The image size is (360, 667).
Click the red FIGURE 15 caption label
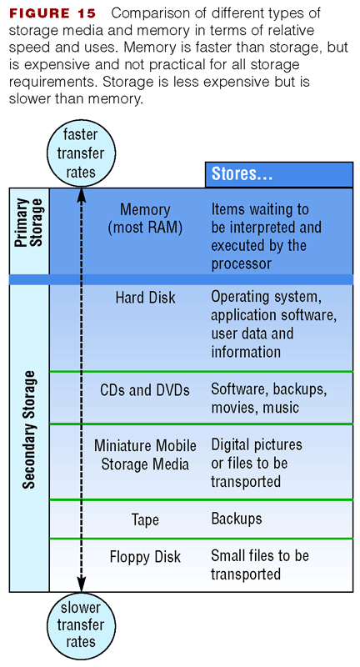pyautogui.click(x=52, y=13)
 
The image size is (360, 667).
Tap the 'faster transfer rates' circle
pyautogui.click(x=81, y=153)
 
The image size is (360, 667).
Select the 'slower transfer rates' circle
pyautogui.click(x=81, y=624)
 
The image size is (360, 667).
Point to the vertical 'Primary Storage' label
pyautogui.click(x=29, y=223)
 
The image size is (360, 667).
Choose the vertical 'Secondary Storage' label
pyautogui.click(x=29, y=429)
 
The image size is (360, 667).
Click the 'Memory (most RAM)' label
pyautogui.click(x=145, y=218)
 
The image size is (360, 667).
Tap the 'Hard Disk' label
pyautogui.click(x=145, y=298)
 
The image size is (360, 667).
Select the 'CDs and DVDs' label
pyautogui.click(x=145, y=390)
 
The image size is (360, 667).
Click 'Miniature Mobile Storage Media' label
pyautogui.click(x=145, y=454)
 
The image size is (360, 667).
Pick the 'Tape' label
pyautogui.click(x=145, y=519)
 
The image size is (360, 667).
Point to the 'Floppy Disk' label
pyautogui.click(x=145, y=557)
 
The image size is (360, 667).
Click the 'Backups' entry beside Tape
pyautogui.click(x=237, y=519)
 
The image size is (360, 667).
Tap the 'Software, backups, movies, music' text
pyautogui.click(x=269, y=399)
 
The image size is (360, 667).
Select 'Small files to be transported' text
pyautogui.click(x=260, y=564)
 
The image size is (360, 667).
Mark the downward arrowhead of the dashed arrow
pyautogui.click(x=81, y=584)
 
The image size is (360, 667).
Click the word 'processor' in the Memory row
pyautogui.click(x=241, y=263)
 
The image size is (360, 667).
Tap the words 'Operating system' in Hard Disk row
pyautogui.click(x=266, y=297)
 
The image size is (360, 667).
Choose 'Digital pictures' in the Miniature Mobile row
pyautogui.click(x=257, y=444)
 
